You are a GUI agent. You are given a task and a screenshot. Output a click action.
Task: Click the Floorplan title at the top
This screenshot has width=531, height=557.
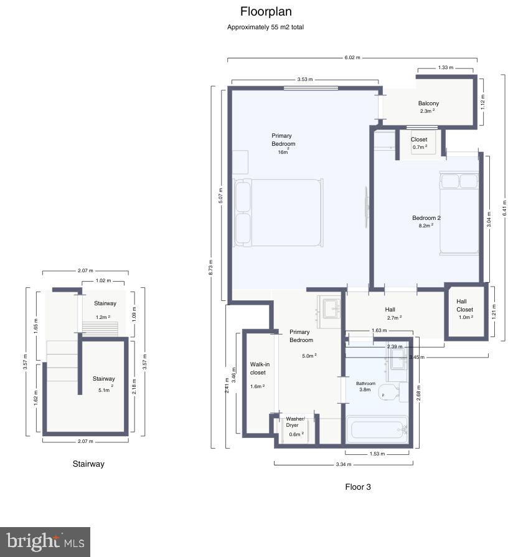pos(266,12)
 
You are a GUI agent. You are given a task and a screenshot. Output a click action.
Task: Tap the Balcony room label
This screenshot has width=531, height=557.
pos(428,103)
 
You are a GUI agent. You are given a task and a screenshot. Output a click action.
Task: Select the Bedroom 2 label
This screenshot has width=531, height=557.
pos(426,218)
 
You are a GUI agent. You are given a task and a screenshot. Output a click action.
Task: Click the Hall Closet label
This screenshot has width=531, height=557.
pos(464,305)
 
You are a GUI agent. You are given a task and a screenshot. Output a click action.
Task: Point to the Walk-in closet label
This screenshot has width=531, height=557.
pos(258,368)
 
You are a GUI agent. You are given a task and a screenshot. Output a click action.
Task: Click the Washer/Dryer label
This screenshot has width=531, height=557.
pos(296,422)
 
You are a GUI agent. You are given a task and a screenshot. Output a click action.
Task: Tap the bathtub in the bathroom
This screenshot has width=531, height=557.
pos(377,430)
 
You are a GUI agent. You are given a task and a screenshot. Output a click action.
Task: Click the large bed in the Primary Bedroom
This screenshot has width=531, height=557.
pos(278,212)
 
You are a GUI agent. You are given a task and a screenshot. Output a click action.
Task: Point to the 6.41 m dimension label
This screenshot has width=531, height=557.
pos(504,207)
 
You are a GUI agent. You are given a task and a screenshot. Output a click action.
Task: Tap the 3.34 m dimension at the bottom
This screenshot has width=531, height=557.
pos(343,464)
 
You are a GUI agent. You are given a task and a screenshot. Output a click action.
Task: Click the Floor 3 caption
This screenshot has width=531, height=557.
pos(358,487)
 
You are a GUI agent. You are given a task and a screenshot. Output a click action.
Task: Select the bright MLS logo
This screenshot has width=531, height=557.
pos(45,541)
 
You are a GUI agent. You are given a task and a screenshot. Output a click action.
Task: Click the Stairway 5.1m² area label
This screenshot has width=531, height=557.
pos(104,382)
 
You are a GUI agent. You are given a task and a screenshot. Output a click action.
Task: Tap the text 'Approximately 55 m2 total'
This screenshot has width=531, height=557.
pos(265,27)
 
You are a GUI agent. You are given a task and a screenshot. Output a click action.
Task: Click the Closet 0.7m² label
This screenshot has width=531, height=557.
pos(419,143)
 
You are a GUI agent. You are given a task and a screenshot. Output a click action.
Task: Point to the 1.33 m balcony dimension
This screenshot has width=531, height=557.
pos(446,67)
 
